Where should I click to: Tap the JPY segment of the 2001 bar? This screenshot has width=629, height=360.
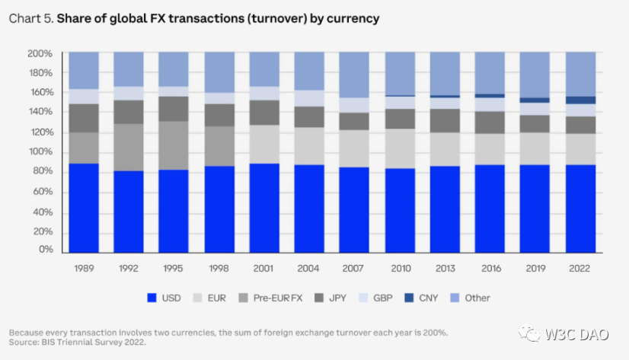263,112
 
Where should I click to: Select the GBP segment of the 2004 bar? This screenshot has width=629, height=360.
308,98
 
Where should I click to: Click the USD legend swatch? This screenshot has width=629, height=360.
151,298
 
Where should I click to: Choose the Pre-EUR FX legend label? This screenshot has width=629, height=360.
281,298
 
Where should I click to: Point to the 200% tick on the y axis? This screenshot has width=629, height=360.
40,53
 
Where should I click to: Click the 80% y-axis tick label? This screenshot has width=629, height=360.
42,171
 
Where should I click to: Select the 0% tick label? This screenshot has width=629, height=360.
45,250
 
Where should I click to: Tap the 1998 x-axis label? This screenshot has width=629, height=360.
219,268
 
